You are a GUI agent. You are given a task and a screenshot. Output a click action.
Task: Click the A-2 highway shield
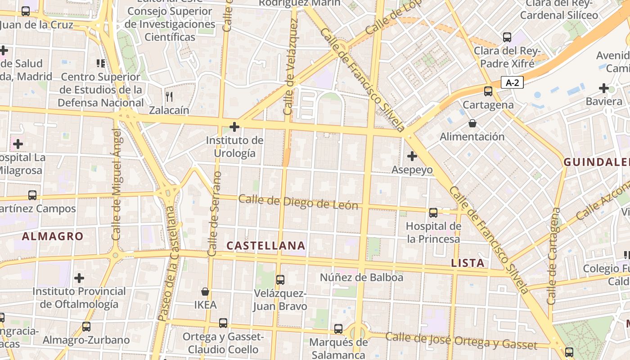pyautogui.click(x=513, y=83)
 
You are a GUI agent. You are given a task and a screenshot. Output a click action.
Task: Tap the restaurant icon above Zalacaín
pyautogui.click(x=169, y=96)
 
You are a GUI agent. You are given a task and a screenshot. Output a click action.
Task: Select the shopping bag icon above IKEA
pyautogui.click(x=205, y=292)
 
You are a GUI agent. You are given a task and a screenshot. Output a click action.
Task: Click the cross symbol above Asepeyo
pyautogui.click(x=412, y=156)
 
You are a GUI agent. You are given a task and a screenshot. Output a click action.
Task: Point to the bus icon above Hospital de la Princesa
pyautogui.click(x=433, y=212)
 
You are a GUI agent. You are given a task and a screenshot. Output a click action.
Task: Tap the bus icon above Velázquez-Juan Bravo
pyautogui.click(x=280, y=280)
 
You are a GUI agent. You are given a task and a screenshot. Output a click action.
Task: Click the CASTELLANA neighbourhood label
pyautogui.click(x=266, y=246)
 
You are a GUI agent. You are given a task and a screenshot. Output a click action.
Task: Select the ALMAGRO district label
pyautogui.click(x=53, y=236)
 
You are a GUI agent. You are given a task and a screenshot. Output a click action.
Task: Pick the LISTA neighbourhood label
pyautogui.click(x=468, y=263)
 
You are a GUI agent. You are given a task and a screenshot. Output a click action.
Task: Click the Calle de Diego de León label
pyautogui.click(x=298, y=202)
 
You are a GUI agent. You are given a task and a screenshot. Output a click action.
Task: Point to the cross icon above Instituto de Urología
pyautogui.click(x=234, y=127)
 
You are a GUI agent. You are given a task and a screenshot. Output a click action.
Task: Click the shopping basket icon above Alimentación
pyautogui.click(x=472, y=123)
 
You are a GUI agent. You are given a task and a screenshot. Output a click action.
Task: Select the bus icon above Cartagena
pyautogui.click(x=488, y=91)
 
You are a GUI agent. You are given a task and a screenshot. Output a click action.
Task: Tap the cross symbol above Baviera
pyautogui.click(x=604, y=88)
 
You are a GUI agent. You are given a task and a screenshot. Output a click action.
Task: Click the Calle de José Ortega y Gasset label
pyautogui.click(x=461, y=341)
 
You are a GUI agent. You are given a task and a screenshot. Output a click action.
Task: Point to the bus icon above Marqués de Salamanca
pyautogui.click(x=338, y=329)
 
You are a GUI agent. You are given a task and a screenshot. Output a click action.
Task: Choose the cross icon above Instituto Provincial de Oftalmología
pyautogui.click(x=79, y=278)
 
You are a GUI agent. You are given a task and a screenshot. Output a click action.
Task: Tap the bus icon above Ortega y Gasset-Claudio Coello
pyautogui.click(x=223, y=323)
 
